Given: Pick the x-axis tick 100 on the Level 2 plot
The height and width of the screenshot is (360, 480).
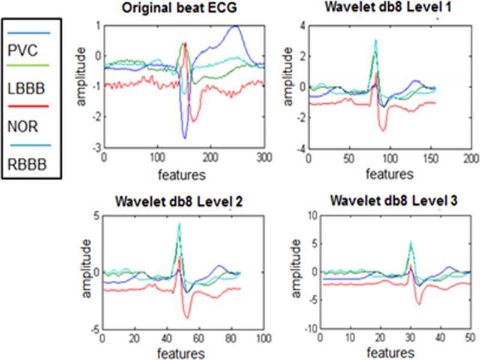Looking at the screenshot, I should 262,338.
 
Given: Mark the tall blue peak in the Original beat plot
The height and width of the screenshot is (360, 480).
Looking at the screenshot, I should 236,26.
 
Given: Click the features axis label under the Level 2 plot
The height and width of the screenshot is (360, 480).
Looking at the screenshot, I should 181,353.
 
